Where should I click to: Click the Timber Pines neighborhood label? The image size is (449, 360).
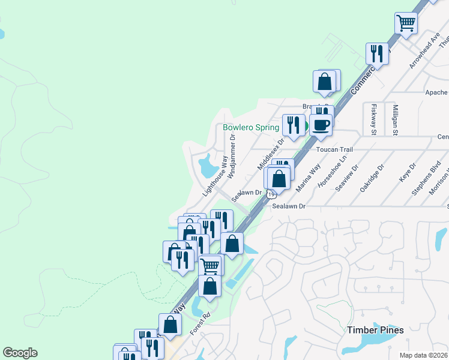[x=375, y=330]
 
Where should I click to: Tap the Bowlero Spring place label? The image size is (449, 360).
[x=250, y=127]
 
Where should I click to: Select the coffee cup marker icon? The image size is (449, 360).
[x=321, y=124]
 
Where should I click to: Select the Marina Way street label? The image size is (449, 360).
[x=307, y=178]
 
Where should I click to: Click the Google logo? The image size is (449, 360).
[x=20, y=353]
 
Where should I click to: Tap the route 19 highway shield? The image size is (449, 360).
[x=272, y=194]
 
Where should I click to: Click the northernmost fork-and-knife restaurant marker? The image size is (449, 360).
[x=377, y=53]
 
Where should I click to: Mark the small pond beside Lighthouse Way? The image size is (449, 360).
[x=207, y=166]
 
